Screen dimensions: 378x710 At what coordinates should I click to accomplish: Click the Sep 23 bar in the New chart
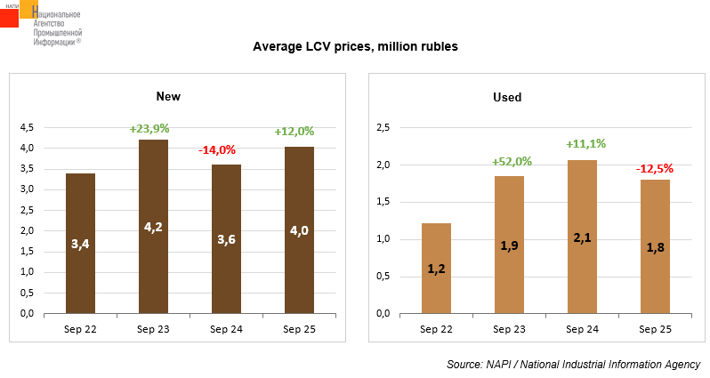[153, 227]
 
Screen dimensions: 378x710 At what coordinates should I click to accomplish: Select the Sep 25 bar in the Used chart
[654, 246]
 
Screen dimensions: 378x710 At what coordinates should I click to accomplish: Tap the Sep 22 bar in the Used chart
[435, 268]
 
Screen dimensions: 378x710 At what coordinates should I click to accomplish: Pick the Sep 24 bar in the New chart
[226, 239]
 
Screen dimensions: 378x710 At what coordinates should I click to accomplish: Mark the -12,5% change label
[654, 168]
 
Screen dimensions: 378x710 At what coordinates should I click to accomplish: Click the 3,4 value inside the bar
[80, 241]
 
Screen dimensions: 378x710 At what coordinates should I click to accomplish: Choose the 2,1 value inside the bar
[581, 237]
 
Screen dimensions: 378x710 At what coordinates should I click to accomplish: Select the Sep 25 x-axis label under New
[298, 329]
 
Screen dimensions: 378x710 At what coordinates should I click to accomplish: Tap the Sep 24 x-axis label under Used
[581, 329]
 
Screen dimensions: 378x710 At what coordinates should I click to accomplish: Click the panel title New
[169, 96]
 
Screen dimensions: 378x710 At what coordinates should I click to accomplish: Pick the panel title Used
[507, 97]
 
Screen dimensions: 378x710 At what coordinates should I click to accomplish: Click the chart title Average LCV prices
[355, 45]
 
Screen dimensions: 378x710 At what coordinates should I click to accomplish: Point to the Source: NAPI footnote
[573, 365]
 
